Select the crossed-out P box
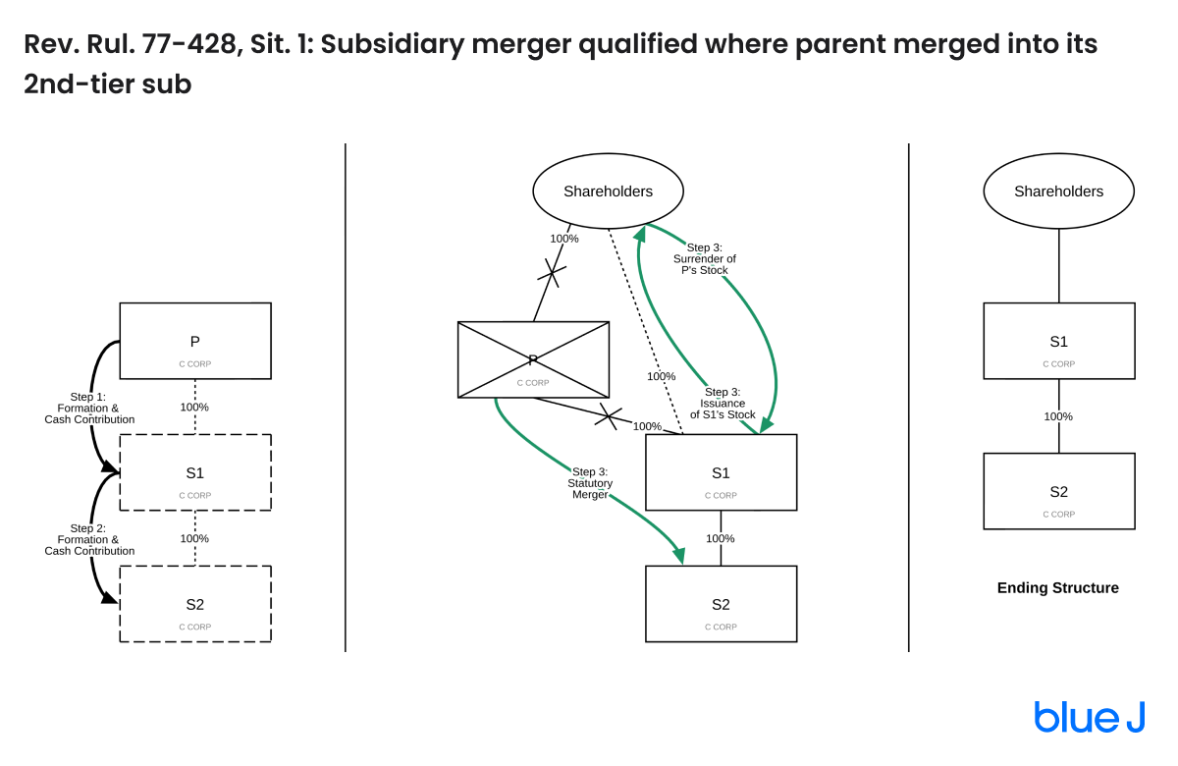tap(533, 359)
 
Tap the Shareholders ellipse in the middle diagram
tap(608, 191)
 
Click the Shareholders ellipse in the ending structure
tap(1058, 191)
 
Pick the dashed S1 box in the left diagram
tap(194, 472)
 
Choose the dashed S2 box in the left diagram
tap(194, 604)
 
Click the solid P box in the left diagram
tap(194, 341)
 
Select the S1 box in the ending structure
tap(1058, 341)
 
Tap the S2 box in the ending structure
tap(1058, 491)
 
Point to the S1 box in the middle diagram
tap(721, 472)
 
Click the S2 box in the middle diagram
tap(721, 604)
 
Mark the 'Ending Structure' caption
tap(1058, 588)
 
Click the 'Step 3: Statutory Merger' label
tap(590, 483)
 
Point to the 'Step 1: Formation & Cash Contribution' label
tap(89, 408)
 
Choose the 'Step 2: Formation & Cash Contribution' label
tap(89, 539)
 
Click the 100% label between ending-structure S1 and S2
tap(1058, 416)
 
